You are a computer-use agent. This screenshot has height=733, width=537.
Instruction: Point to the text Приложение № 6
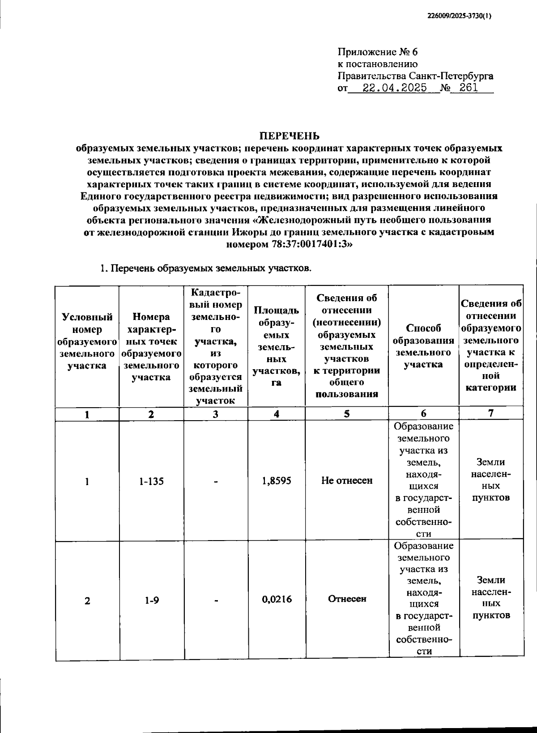377,52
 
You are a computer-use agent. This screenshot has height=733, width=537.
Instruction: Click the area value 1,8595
277,481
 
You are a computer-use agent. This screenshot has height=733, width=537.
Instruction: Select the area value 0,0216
277,599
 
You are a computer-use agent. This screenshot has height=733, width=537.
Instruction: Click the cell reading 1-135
151,482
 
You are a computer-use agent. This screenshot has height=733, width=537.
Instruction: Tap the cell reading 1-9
151,600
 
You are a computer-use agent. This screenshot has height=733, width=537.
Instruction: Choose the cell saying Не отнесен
347,481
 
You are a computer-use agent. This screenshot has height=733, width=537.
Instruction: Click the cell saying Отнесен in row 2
347,599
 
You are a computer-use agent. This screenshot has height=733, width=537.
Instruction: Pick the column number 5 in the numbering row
347,414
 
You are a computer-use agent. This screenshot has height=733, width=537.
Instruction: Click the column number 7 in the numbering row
491,413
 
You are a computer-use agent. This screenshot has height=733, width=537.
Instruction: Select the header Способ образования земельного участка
423,346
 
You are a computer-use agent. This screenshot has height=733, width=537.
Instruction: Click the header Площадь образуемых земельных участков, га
277,346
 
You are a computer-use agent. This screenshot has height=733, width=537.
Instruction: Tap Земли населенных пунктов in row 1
491,480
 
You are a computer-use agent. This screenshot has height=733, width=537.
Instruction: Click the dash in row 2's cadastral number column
216,601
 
